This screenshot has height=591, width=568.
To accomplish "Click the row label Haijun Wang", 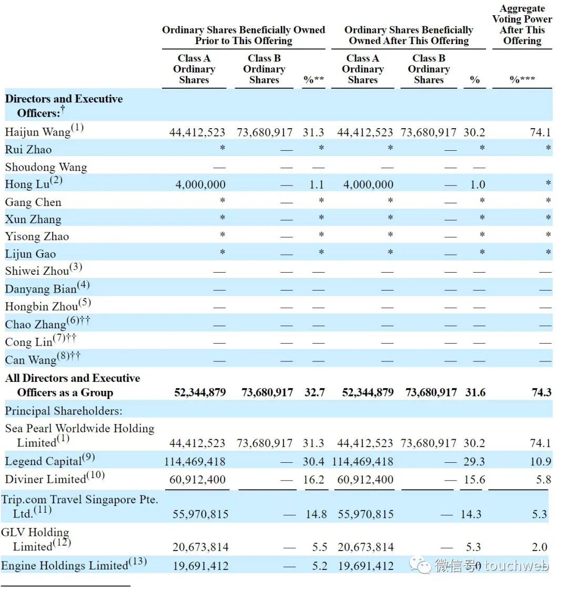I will tap(38, 132).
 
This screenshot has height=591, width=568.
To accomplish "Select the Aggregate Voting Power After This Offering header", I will tap(522, 25).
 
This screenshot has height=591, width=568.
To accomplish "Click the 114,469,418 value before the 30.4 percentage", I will tap(195, 462).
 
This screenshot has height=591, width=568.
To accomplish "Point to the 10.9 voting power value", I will tap(540, 462).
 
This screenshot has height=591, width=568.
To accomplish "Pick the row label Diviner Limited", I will tap(46, 479).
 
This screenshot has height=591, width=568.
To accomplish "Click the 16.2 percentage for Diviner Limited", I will tap(314, 480).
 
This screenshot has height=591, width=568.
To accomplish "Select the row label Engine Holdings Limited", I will tap(65, 565).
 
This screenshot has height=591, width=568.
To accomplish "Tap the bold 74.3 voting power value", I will tap(541, 392).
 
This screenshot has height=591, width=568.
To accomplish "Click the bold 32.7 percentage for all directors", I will tap(315, 392).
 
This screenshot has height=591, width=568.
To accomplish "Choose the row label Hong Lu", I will tap(27, 184).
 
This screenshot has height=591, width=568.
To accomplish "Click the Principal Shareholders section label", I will tap(63, 411).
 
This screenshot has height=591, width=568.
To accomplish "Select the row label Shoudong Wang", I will tap(46, 167).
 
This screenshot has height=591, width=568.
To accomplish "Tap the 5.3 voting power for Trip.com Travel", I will tap(539, 514).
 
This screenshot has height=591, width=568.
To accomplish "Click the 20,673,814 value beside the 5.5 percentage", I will tap(200, 547).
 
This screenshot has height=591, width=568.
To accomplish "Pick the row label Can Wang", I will tap(31, 360).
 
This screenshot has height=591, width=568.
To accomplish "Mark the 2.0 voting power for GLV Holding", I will tap(539, 547).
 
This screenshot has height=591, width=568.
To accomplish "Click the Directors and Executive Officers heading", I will tap(64, 106).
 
